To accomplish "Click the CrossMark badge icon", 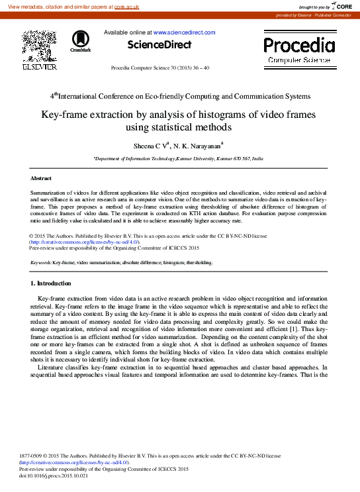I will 81,40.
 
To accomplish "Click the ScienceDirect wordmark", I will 159,45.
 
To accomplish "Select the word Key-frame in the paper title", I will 66,115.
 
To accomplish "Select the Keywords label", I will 41,263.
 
